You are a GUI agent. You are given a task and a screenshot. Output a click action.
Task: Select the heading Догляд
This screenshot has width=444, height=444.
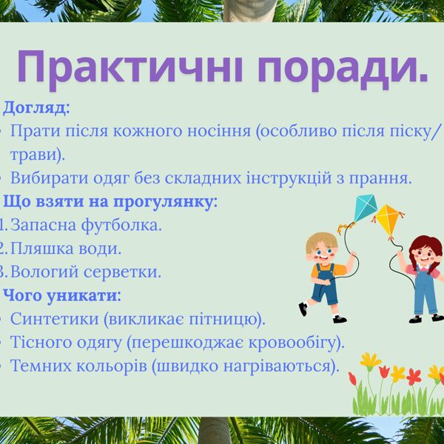tap(36, 108)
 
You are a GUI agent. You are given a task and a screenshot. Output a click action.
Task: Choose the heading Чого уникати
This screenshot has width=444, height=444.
tap(61, 295)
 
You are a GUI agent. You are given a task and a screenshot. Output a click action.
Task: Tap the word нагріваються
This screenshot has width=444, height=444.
tap(277, 366)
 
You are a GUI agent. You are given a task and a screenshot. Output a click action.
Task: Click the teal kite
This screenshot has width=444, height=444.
tap(365, 208)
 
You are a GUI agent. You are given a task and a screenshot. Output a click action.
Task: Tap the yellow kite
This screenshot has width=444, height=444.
tap(389, 221)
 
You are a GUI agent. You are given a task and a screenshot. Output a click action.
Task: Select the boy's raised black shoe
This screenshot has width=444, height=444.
tap(303, 309)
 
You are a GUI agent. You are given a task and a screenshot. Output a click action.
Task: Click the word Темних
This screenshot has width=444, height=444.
tap(41, 366)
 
